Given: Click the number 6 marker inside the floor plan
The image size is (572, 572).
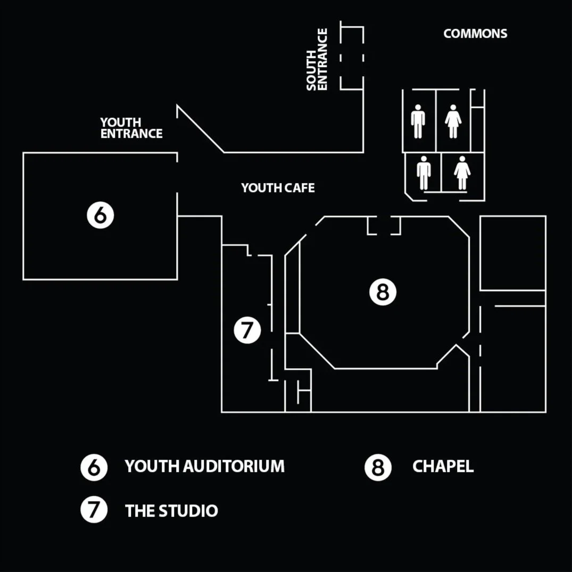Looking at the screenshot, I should [x=101, y=215].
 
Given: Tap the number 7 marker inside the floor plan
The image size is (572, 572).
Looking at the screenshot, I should [x=247, y=330].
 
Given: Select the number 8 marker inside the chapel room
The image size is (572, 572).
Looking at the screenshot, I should [x=383, y=292].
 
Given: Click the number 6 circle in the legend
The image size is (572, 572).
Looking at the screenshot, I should [x=94, y=467].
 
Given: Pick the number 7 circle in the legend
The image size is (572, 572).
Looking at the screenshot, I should [x=94, y=510].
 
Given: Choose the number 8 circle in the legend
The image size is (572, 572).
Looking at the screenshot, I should [x=378, y=467].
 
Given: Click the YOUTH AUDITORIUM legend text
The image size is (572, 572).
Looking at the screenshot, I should [x=204, y=467].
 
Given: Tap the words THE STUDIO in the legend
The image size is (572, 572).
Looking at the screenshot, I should [x=171, y=511].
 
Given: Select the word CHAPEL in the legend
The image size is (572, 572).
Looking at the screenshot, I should [x=443, y=467].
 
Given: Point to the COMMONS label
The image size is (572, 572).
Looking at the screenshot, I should [x=475, y=34].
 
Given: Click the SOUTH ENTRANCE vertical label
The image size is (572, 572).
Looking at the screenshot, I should [x=317, y=60].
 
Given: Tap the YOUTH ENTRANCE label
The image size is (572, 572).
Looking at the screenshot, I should [x=131, y=128].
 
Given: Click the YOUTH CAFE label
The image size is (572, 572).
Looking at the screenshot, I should [x=278, y=188].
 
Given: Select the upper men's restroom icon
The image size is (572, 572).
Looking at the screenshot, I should [x=418, y=121].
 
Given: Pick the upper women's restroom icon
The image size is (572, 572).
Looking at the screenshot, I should [x=453, y=121].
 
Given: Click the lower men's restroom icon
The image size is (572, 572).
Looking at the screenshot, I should [x=424, y=172].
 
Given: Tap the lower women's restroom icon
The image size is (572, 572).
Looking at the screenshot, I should [x=462, y=172].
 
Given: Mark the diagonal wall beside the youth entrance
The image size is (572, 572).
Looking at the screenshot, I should [x=200, y=129].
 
